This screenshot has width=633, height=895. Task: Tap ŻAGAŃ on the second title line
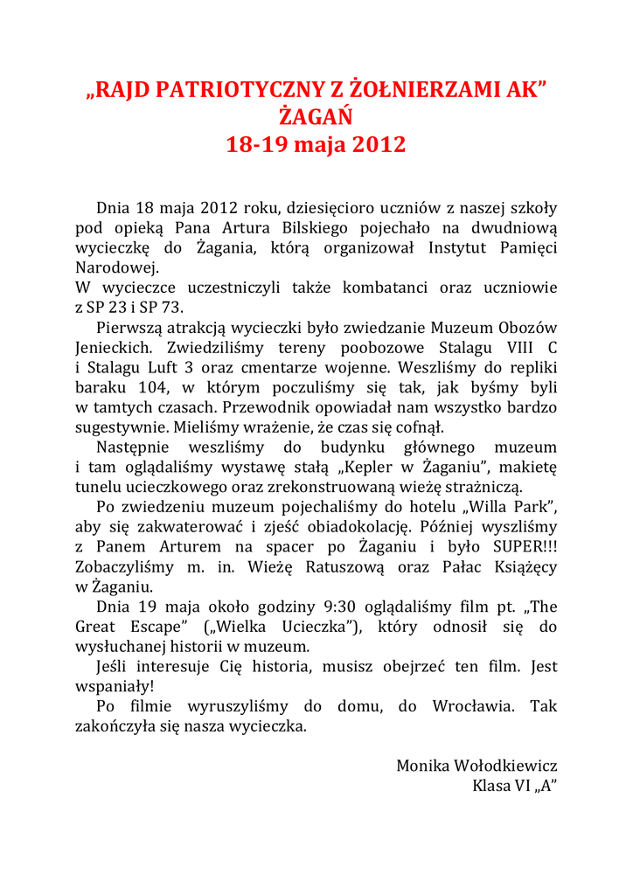[x=316, y=116]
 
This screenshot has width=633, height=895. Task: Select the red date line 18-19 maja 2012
[x=316, y=144]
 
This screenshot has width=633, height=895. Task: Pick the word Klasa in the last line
[x=492, y=786]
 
